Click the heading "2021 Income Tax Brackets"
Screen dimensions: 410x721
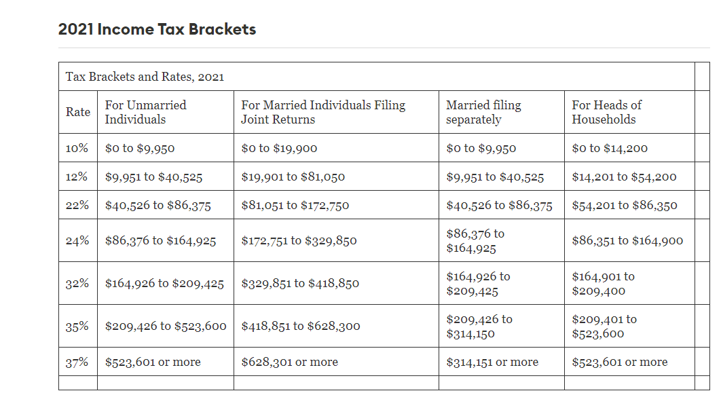157,30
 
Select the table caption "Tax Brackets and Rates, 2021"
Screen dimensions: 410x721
145,77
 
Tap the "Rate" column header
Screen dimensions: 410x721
77,112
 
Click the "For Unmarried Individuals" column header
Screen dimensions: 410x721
145,112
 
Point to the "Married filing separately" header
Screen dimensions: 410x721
483,112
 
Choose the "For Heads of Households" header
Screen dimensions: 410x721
606,112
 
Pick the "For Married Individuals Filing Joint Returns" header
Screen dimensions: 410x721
323,112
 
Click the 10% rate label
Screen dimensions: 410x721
77,148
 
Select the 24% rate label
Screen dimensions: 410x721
77,240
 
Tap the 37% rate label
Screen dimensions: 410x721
77,362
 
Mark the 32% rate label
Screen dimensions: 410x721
77,284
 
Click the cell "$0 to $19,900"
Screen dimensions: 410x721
279,148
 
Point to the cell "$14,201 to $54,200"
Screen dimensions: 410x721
624,177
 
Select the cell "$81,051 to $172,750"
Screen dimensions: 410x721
295,206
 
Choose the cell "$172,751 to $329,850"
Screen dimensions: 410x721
299,240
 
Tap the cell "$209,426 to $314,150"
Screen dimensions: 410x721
479,327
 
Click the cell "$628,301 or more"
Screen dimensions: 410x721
289,362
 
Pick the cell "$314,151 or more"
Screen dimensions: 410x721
492,362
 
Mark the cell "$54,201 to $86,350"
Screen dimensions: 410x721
625,206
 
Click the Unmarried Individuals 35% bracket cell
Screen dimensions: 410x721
166,327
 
